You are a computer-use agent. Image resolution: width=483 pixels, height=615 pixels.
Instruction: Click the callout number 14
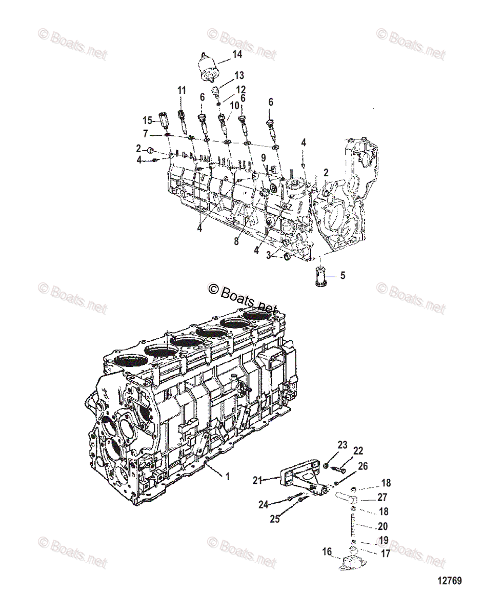(x=237, y=54)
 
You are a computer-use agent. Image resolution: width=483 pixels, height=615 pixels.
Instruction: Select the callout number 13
(x=239, y=75)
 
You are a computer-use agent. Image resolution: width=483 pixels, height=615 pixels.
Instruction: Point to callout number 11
(x=182, y=90)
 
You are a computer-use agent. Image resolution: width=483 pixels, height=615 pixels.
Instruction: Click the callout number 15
(x=148, y=120)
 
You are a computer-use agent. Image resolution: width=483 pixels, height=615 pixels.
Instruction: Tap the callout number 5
(x=342, y=275)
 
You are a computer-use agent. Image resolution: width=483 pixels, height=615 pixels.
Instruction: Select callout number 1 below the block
(x=228, y=476)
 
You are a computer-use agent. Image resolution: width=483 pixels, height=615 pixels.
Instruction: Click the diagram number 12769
(x=450, y=581)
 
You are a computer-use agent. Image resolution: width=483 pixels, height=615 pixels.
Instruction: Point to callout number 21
(x=257, y=480)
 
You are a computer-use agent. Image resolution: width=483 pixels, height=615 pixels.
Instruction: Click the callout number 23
(x=343, y=445)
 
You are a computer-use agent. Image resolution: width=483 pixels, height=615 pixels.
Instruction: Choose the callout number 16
(x=327, y=551)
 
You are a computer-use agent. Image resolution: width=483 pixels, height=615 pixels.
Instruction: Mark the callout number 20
(x=382, y=525)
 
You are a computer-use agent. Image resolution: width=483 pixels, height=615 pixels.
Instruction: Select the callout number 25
(x=275, y=519)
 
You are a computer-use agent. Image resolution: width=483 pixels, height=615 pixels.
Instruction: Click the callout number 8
(x=236, y=241)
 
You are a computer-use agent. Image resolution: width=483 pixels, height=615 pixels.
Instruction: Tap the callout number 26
(x=363, y=466)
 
